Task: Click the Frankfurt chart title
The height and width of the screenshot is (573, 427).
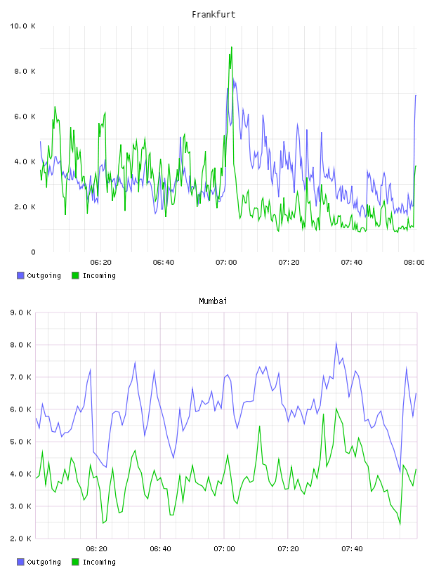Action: click(213, 15)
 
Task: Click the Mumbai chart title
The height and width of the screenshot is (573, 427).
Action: click(213, 301)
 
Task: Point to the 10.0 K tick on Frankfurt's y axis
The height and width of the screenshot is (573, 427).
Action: click(22, 26)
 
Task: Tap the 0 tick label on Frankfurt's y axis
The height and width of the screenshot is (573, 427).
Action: click(33, 252)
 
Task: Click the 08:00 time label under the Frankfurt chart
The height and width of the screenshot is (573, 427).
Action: click(414, 263)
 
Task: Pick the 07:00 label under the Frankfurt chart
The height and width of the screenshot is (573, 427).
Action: click(226, 263)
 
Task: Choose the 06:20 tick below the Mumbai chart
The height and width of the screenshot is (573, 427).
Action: click(96, 549)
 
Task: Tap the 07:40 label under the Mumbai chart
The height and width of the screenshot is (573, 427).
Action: click(352, 549)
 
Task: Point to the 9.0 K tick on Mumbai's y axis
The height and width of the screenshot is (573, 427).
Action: click(21, 312)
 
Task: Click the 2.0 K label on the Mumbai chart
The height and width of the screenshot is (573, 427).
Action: click(21, 539)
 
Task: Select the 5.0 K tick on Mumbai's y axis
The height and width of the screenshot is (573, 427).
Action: click(21, 442)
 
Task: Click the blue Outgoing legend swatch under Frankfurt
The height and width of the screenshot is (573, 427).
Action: click(20, 275)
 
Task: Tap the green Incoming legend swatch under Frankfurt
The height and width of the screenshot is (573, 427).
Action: click(75, 275)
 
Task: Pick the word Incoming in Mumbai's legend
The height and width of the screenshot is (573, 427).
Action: click(99, 562)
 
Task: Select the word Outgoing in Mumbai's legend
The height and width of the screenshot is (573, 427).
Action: click(44, 562)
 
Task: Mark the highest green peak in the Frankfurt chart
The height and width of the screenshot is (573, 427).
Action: click(232, 48)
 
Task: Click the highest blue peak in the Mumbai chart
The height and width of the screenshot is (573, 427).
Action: click(336, 343)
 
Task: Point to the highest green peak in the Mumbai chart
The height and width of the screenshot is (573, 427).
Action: click(336, 409)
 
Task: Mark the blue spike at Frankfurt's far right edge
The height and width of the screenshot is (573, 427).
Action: click(416, 95)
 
